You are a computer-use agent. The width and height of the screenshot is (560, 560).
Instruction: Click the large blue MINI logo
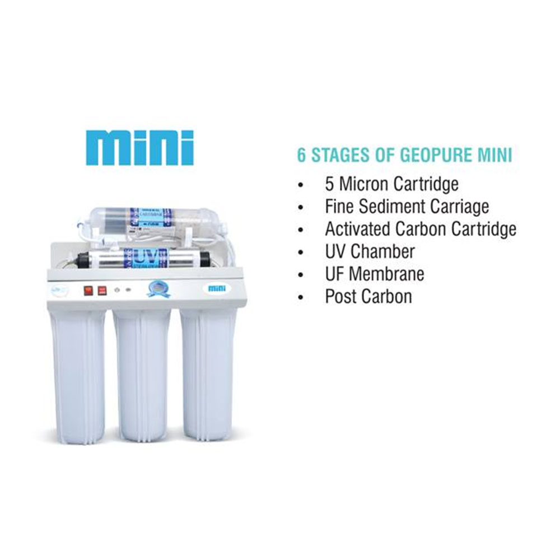139,148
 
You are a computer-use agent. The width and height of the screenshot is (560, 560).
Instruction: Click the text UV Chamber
370,251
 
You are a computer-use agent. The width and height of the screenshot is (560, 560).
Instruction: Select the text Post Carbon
368,296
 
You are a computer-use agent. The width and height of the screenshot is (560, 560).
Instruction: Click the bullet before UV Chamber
302,252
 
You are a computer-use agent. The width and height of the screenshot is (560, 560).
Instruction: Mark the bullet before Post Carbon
302,297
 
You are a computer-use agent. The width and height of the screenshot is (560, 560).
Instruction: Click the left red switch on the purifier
88,291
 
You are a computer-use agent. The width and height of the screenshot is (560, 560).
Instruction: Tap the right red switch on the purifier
102,291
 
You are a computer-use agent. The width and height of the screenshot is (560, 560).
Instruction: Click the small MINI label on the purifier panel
216,288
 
